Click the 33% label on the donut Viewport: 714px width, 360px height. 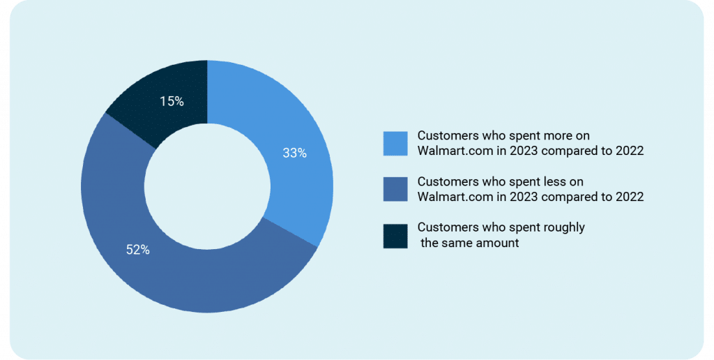pyautogui.click(x=295, y=153)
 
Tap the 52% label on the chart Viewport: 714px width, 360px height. pyautogui.click(x=138, y=249)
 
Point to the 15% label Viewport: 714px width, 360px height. pyautogui.click(x=172, y=101)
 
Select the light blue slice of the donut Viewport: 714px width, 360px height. pyautogui.click(x=291, y=151)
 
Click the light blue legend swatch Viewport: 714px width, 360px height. pyautogui.click(x=395, y=144)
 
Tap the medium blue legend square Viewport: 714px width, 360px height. pyautogui.click(x=395, y=189)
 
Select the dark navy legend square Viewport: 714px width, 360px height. pyautogui.click(x=395, y=236)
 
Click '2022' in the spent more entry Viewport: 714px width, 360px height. pyautogui.click(x=630, y=151)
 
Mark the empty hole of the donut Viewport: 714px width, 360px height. pyautogui.click(x=207, y=186)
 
